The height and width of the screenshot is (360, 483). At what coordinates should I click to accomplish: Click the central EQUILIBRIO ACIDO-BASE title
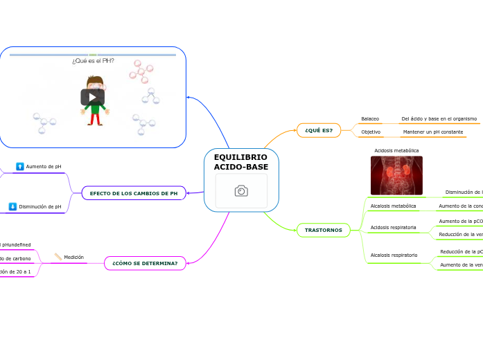pyautogui.click(x=241, y=162)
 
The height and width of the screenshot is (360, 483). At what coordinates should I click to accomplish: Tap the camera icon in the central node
pyautogui.click(x=241, y=191)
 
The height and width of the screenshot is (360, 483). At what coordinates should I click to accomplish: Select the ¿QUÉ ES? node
pyautogui.click(x=319, y=130)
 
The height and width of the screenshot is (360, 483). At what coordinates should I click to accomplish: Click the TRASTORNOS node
pyautogui.click(x=324, y=230)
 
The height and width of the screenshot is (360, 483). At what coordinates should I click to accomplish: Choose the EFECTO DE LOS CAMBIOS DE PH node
pyautogui.click(x=134, y=193)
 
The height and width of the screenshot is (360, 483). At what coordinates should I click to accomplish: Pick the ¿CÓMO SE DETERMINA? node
pyautogui.click(x=145, y=263)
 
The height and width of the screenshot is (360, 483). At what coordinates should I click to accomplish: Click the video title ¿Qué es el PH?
pyautogui.click(x=93, y=61)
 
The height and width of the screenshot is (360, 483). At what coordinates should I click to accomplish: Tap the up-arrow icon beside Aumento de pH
pyautogui.click(x=20, y=167)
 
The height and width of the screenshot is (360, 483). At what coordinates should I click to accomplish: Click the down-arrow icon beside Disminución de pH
pyautogui.click(x=12, y=206)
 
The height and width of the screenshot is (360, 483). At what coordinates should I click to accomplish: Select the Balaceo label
pyautogui.click(x=370, y=119)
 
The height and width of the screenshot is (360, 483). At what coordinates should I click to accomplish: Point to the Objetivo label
pyautogui.click(x=371, y=132)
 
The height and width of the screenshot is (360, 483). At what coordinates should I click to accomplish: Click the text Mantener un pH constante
pyautogui.click(x=432, y=132)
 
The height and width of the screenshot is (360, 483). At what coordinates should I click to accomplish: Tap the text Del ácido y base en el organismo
pyautogui.click(x=439, y=119)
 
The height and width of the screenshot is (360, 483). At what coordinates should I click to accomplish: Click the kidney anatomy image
pyautogui.click(x=396, y=175)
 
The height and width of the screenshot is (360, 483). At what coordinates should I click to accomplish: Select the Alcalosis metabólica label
pyautogui.click(x=393, y=206)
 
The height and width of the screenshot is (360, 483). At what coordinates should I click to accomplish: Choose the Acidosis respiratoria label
pyautogui.click(x=394, y=227)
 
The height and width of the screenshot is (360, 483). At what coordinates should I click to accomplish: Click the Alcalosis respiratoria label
pyautogui.click(x=394, y=255)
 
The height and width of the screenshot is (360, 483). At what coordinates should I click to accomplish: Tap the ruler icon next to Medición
pyautogui.click(x=58, y=257)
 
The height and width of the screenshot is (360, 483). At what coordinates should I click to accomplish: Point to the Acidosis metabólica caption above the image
pyautogui.click(x=396, y=150)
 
